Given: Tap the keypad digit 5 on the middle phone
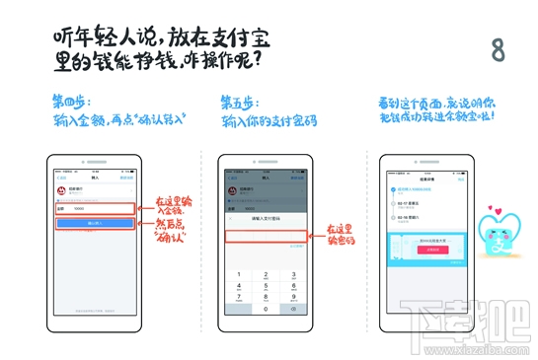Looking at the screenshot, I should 264,277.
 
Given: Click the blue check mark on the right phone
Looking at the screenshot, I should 395,187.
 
